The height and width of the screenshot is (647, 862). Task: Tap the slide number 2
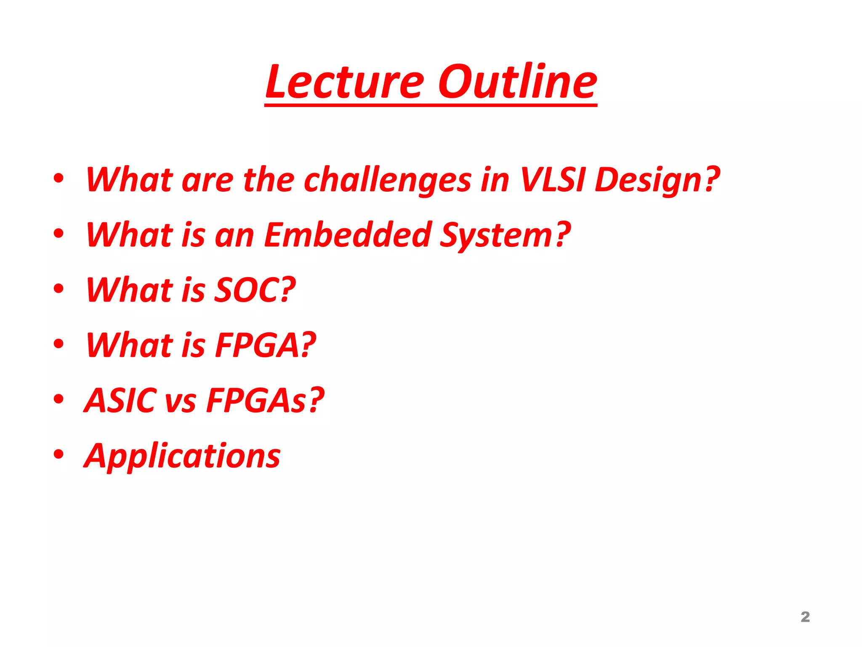tap(805, 617)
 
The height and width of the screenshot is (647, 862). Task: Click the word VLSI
tap(552, 179)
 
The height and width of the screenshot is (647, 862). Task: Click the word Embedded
tap(348, 235)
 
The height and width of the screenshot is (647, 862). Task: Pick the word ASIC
tap(120, 400)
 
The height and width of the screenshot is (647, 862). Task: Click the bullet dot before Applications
tap(59, 454)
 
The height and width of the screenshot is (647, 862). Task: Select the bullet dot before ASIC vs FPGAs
tap(59, 399)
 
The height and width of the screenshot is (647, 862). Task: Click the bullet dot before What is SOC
tap(59, 289)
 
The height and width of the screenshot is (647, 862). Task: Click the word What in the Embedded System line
tap(129, 235)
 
